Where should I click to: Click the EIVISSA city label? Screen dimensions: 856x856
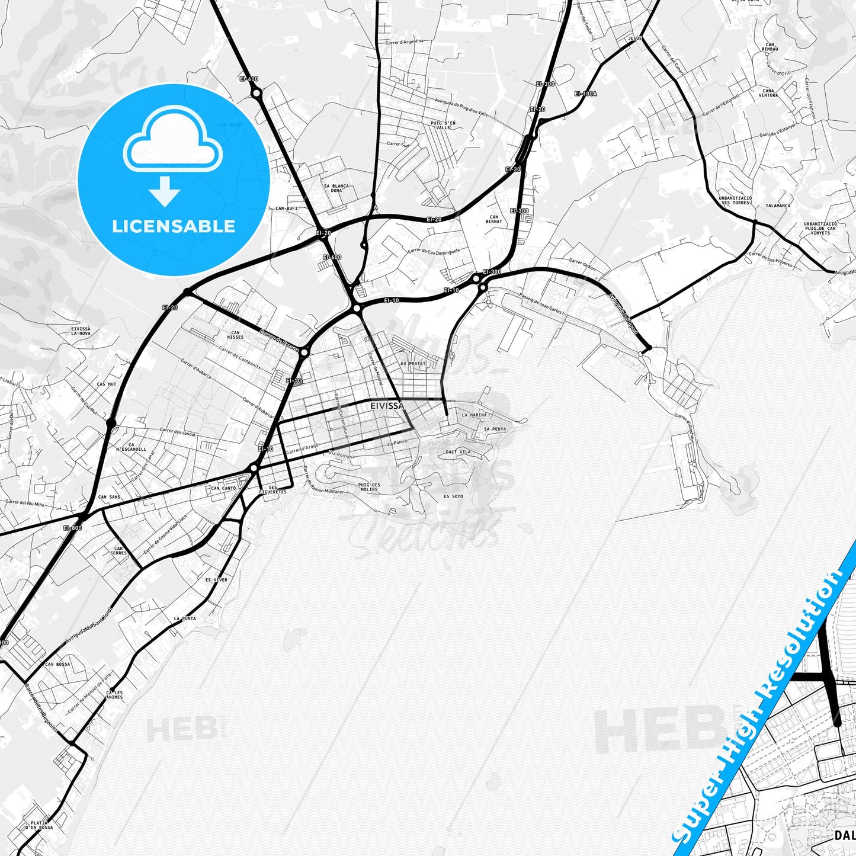387,406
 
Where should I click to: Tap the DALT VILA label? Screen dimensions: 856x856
458,452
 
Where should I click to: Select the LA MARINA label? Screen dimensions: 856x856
474,415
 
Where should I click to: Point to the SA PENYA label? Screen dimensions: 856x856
495,429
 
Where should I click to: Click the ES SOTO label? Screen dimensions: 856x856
453,496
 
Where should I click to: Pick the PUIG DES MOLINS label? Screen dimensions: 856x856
368,487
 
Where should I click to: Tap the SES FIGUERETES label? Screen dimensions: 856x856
272,489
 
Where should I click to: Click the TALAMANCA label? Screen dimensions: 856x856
778,206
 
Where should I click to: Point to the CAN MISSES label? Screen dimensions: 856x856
235,335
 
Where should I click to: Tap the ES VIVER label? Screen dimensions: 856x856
216,580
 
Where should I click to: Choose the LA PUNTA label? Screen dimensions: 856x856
185,618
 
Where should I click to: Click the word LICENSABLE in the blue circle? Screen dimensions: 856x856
174,226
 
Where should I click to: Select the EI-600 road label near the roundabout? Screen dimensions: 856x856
249,79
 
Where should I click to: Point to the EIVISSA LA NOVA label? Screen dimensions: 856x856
81,331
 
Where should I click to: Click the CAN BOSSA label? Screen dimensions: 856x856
57,664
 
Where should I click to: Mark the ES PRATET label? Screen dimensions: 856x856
413,364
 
